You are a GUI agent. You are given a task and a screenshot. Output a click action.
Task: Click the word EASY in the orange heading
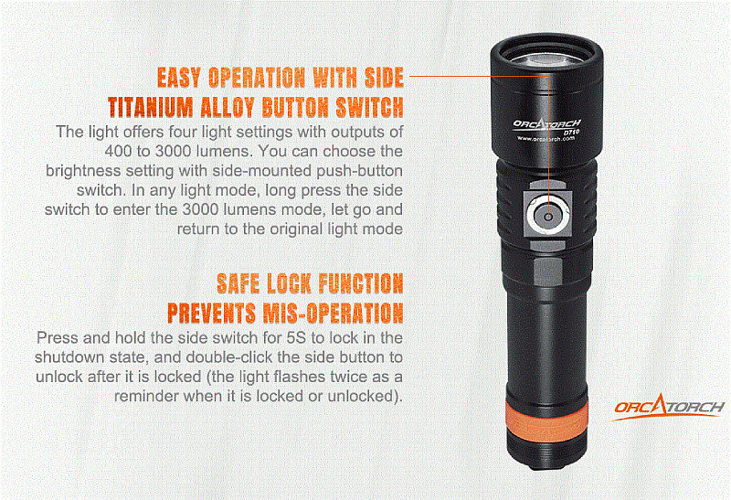click(179, 78)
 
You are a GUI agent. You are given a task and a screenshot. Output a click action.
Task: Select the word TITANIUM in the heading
click(151, 107)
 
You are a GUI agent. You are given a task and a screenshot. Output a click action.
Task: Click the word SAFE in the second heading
click(238, 283)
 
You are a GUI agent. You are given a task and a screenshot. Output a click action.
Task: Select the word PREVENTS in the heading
click(211, 313)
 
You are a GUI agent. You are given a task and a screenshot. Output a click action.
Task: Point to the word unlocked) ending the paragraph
click(365, 397)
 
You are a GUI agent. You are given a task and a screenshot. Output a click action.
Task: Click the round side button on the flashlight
click(548, 216)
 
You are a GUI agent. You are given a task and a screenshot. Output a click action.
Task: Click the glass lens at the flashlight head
click(546, 58)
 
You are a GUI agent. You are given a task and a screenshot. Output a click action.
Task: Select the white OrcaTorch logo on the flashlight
click(546, 124)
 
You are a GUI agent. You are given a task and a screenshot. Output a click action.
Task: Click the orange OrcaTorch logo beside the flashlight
click(669, 407)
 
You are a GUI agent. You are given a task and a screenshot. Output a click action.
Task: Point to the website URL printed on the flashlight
click(546, 139)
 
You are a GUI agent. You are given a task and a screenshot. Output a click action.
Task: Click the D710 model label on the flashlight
click(571, 133)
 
